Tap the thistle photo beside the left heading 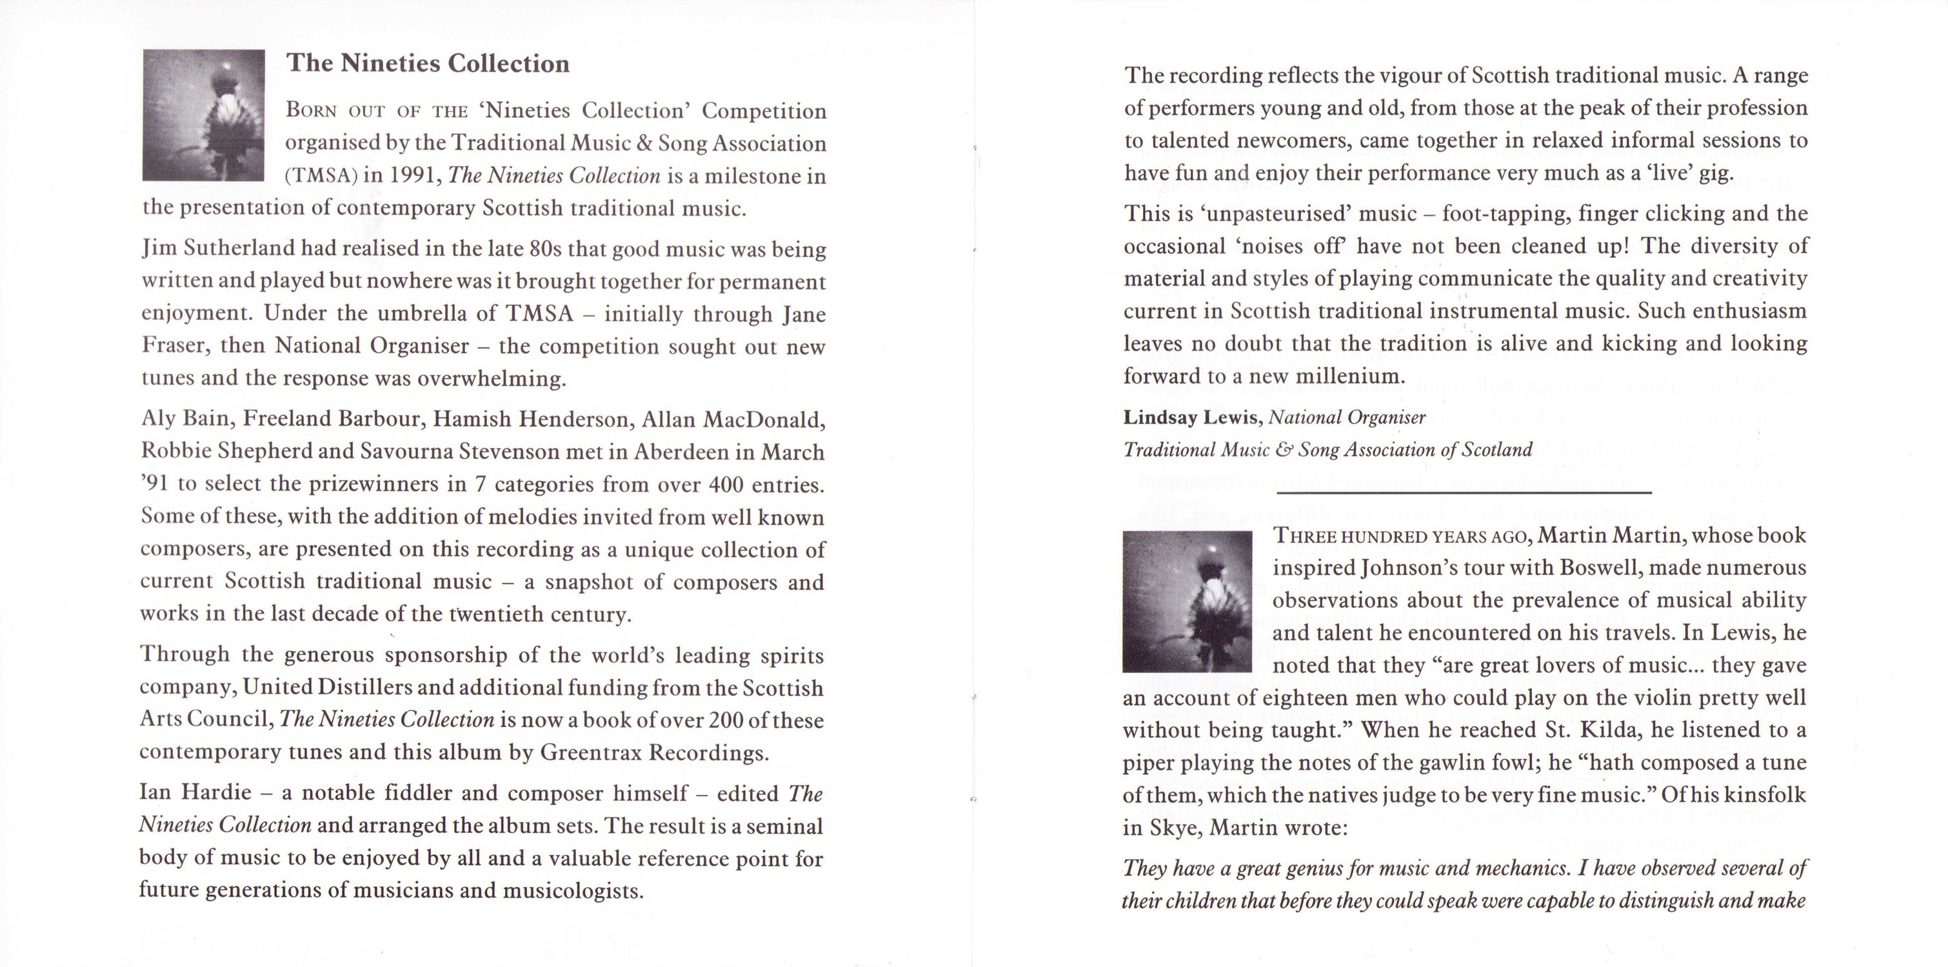[203, 115]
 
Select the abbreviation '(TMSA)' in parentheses [321, 176]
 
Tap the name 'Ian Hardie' [195, 793]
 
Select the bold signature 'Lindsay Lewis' [1191, 417]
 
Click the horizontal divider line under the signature [1464, 493]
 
